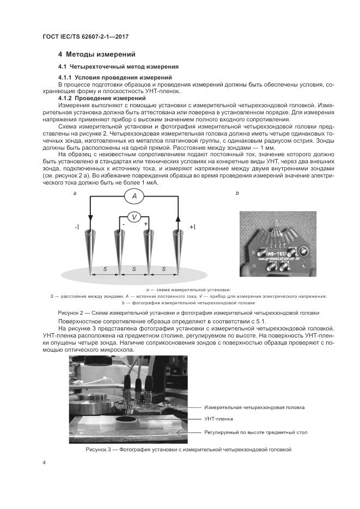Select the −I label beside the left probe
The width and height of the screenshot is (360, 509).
tap(77, 226)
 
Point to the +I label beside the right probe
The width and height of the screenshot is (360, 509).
tap(192, 226)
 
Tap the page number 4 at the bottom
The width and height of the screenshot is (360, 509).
tap(44, 462)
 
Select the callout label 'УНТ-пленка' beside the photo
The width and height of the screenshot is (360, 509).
tap(218, 419)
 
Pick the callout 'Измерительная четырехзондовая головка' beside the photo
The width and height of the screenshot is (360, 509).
tap(254, 407)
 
